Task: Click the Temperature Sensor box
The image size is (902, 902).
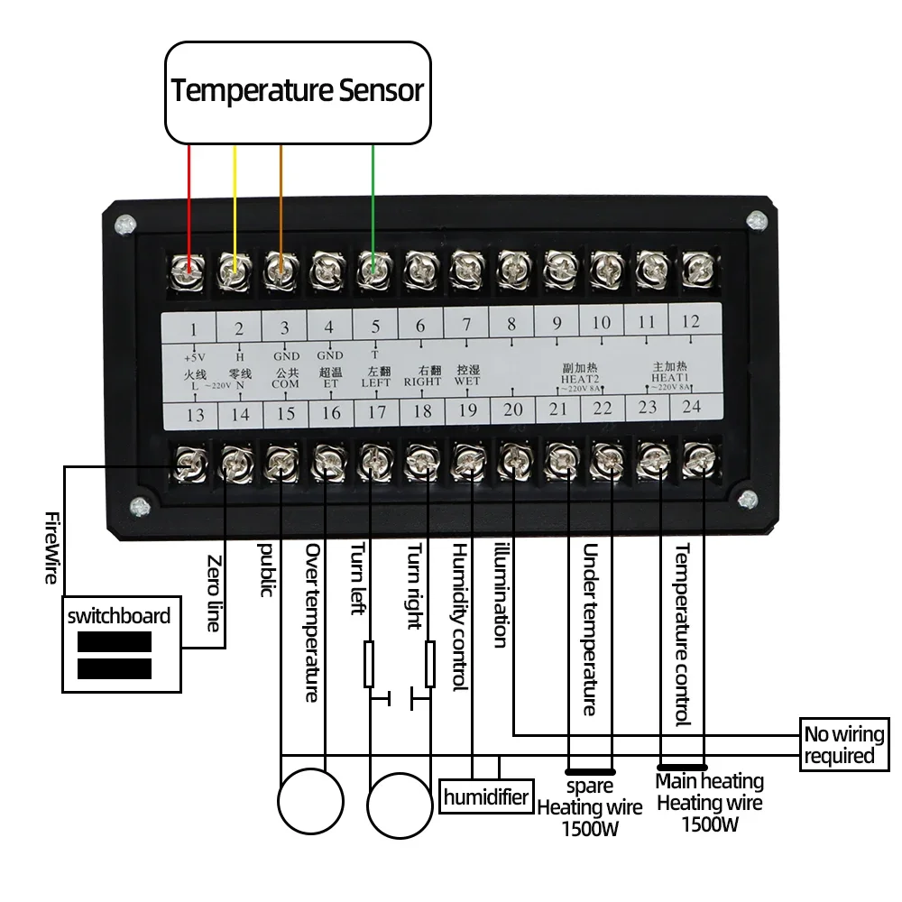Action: tap(297, 91)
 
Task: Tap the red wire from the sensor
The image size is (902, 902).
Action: tap(189, 198)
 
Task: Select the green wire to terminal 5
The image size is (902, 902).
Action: tap(373, 198)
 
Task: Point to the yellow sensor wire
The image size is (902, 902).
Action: tap(235, 198)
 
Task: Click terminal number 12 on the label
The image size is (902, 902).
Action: tap(690, 321)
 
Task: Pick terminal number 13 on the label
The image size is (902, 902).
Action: tap(195, 415)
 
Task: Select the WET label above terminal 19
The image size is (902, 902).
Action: tap(467, 382)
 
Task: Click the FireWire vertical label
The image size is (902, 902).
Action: tap(51, 547)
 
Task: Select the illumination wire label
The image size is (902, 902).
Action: tap(501, 595)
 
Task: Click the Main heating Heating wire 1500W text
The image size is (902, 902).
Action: tap(709, 803)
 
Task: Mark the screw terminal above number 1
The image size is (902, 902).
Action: tap(189, 267)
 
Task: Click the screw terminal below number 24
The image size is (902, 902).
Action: tap(695, 460)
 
